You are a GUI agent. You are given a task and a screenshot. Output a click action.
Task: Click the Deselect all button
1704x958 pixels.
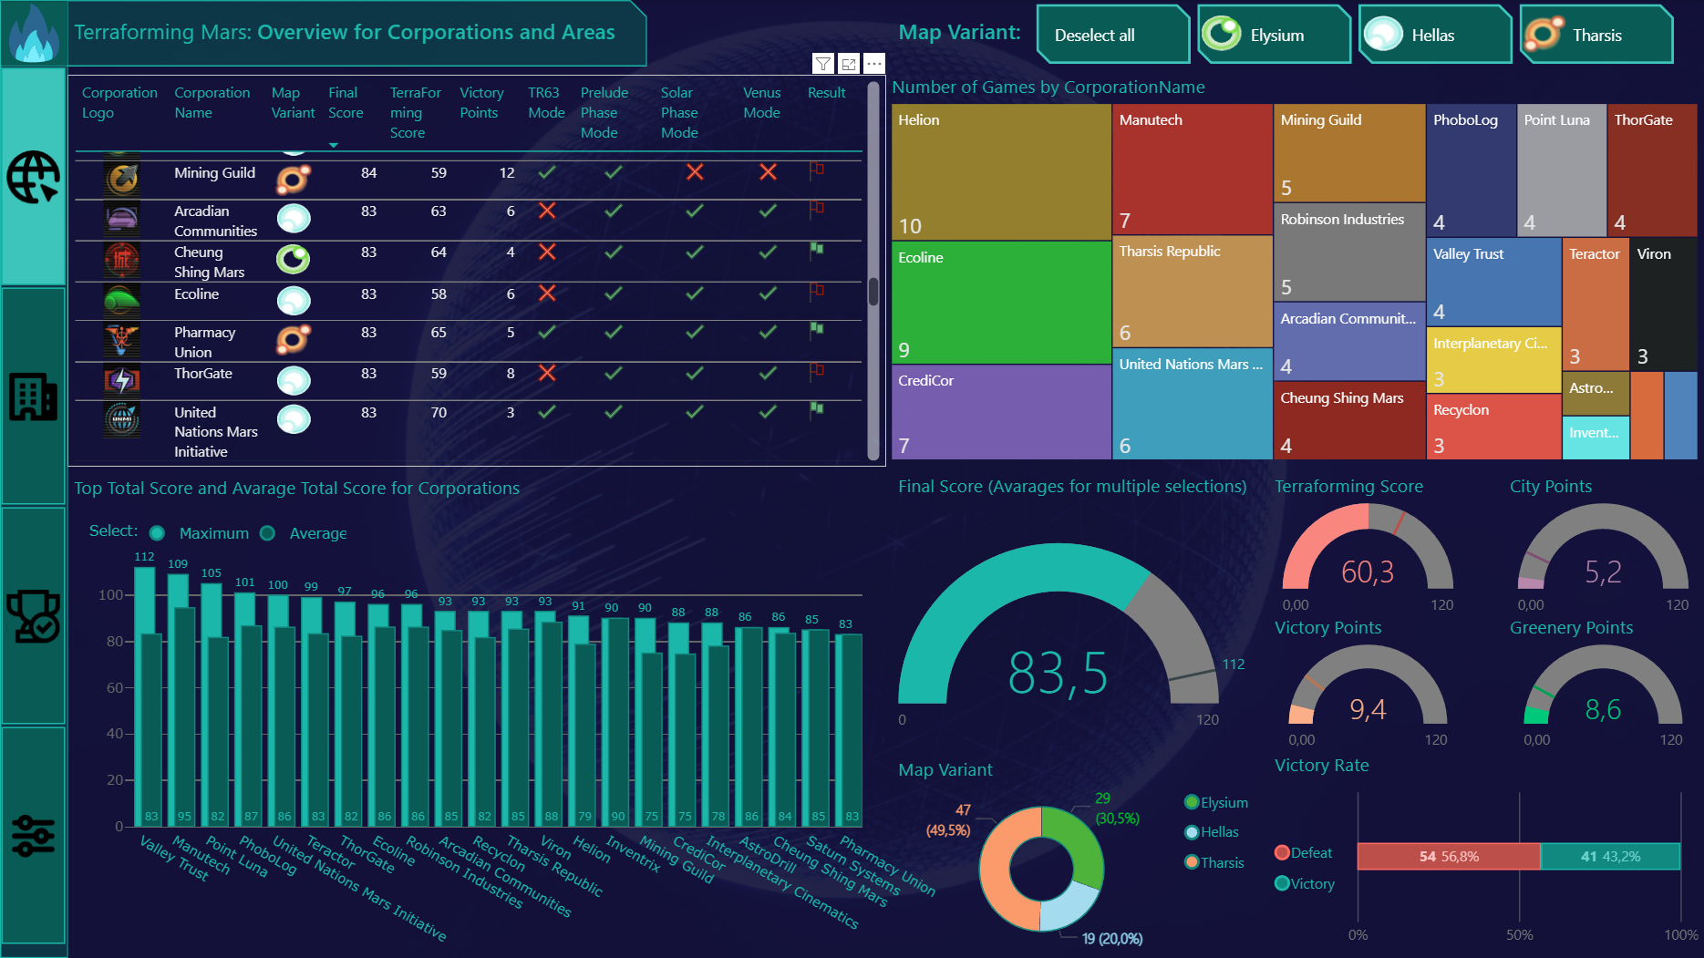pyautogui.click(x=1111, y=36)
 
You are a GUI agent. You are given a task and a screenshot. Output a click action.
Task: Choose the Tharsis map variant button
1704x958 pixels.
pyautogui.click(x=1596, y=36)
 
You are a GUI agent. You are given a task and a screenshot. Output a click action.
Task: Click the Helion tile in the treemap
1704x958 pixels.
pyautogui.click(x=1000, y=171)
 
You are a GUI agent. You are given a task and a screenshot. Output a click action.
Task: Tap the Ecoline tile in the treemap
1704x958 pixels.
pyautogui.click(x=1000, y=303)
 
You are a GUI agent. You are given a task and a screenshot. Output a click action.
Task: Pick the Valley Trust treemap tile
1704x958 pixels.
pyautogui.click(x=1493, y=281)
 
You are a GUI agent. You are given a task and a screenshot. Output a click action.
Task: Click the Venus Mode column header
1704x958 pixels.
pyautogui.click(x=761, y=103)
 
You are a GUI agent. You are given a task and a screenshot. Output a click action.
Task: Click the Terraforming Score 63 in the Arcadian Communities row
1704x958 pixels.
pyautogui.click(x=439, y=211)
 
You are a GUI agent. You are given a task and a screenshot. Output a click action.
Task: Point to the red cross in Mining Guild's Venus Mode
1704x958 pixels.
pyautogui.click(x=768, y=172)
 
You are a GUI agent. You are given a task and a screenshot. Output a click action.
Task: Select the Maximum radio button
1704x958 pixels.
pyautogui.click(x=158, y=533)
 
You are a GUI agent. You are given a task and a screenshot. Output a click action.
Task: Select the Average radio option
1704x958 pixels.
pyautogui.click(x=268, y=533)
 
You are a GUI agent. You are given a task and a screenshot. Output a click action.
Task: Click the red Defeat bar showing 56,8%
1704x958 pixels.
pyautogui.click(x=1448, y=857)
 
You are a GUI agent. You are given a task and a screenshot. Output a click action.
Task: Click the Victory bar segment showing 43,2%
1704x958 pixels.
pyautogui.click(x=1610, y=857)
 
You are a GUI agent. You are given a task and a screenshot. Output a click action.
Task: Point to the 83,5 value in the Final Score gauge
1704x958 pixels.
pyautogui.click(x=1058, y=674)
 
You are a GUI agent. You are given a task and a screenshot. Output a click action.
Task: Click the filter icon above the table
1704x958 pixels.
pyautogui.click(x=822, y=64)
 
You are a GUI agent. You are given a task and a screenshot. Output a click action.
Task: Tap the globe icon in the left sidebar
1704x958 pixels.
pyautogui.click(x=34, y=176)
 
